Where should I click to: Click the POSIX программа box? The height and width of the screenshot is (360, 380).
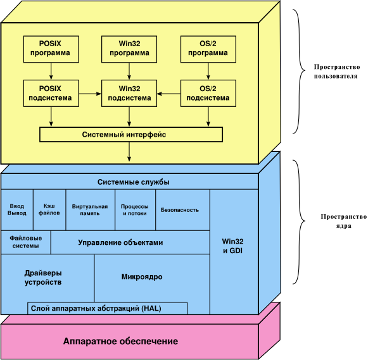pyautogui.click(x=50, y=49)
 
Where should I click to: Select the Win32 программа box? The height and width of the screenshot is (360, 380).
pyautogui.click(x=129, y=49)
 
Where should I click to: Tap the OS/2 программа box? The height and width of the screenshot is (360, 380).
pyautogui.click(x=208, y=49)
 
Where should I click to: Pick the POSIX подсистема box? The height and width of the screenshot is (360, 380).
pyautogui.click(x=50, y=94)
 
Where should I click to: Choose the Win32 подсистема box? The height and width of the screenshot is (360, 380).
pyautogui.click(x=129, y=94)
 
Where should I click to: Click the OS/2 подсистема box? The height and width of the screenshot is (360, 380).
pyautogui.click(x=208, y=94)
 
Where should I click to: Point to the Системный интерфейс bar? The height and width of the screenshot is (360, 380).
pyautogui.click(x=131, y=135)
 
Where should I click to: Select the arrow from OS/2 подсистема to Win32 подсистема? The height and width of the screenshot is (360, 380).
pyautogui.click(x=169, y=94)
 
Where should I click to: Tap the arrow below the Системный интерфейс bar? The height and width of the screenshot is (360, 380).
pyautogui.click(x=130, y=151)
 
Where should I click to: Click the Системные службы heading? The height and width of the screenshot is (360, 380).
pyautogui.click(x=133, y=182)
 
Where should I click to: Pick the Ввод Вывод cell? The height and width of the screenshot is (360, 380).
pyautogui.click(x=17, y=210)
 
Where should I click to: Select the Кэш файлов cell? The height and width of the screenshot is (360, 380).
pyautogui.click(x=49, y=210)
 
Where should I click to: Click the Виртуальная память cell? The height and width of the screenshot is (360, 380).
pyautogui.click(x=90, y=210)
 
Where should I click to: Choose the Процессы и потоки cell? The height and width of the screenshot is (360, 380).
pyautogui.click(x=134, y=210)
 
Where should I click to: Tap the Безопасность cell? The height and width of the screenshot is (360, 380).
pyautogui.click(x=180, y=210)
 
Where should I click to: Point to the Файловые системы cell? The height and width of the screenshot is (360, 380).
pyautogui.click(x=25, y=242)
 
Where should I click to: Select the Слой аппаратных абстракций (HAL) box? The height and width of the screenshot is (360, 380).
pyautogui.click(x=108, y=308)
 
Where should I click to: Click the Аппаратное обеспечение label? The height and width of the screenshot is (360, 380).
pyautogui.click(x=120, y=342)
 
